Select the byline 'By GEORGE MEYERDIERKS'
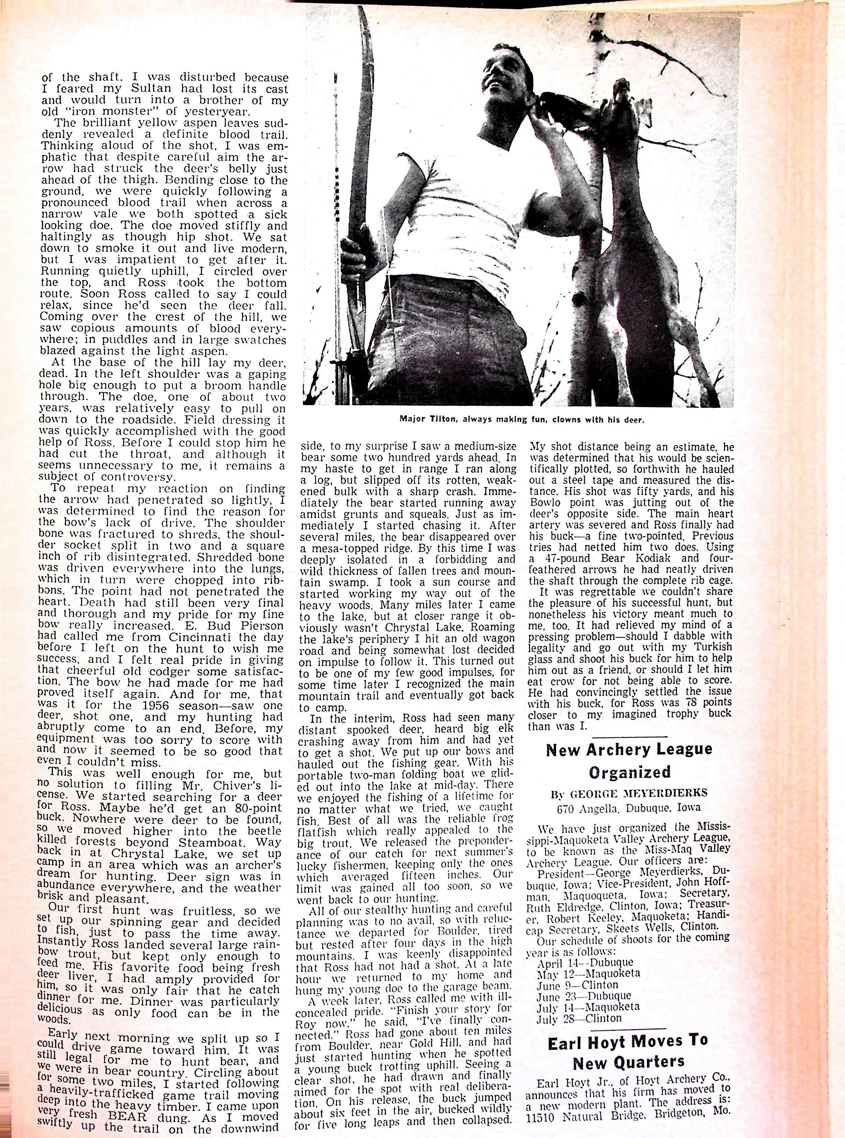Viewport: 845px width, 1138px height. coord(629,793)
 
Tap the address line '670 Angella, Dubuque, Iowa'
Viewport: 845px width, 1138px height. coord(629,809)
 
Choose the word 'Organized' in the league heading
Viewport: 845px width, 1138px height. coord(629,772)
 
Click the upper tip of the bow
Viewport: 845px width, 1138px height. coord(359,10)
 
